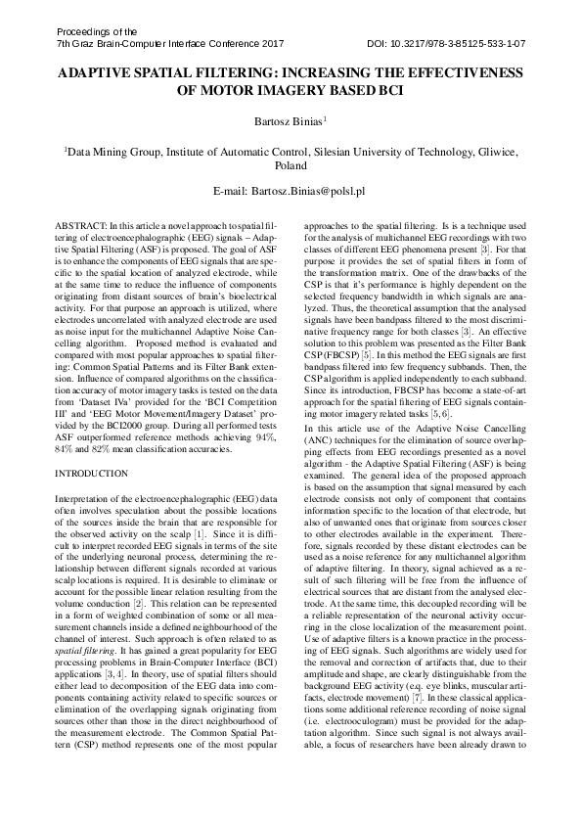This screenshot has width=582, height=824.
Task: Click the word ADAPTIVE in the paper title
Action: coord(103,73)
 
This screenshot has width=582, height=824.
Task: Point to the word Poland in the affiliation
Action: coord(291,167)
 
